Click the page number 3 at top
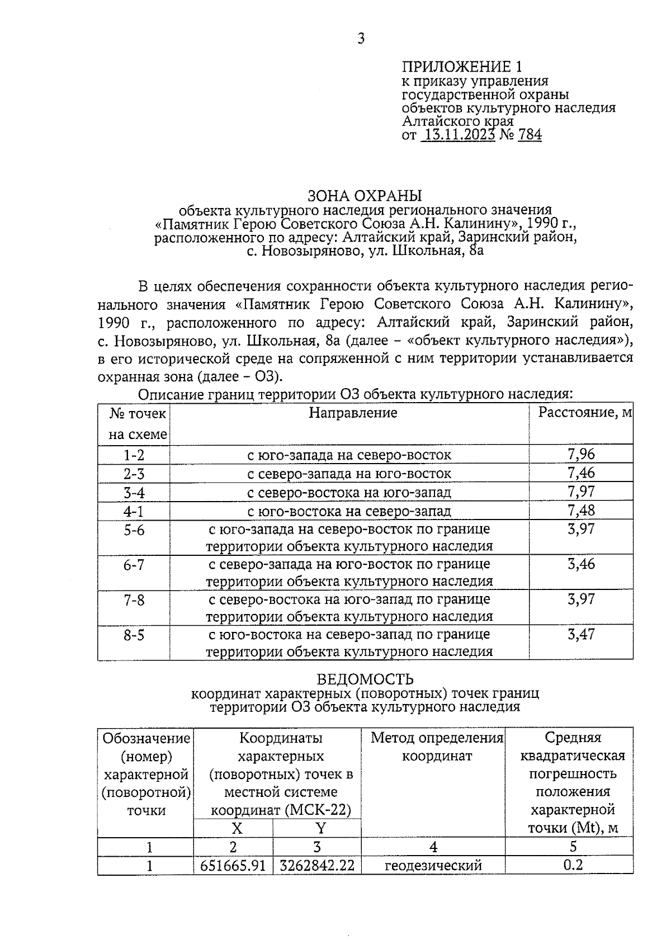coord(361,39)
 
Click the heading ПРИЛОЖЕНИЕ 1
coord(462,67)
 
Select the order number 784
coord(530,135)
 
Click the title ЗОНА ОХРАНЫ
coord(365,196)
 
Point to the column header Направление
coord(353,413)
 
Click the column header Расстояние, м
coord(584,413)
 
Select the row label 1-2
coord(134,455)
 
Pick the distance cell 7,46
coord(581,473)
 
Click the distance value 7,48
coord(581,510)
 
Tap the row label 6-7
coord(134,565)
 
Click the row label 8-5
coord(134,635)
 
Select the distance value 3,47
coord(581,634)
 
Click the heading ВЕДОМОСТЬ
coord(365,679)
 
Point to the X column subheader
coord(237,828)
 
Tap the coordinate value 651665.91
coord(233,866)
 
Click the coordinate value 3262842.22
coord(317,866)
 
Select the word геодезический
coord(433,866)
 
